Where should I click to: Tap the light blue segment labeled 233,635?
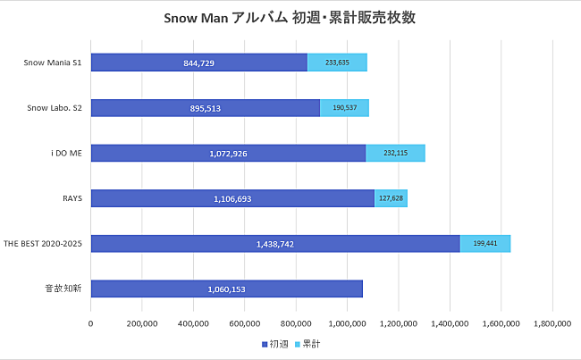click(x=337, y=63)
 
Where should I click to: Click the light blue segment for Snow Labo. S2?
click(x=344, y=108)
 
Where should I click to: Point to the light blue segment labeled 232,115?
click(x=395, y=153)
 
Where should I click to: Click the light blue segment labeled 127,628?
click(x=391, y=198)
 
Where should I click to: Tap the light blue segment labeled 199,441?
click(x=484, y=243)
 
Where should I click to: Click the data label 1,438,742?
click(x=275, y=244)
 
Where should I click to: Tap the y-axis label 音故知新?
click(x=65, y=289)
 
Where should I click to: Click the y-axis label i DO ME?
click(x=68, y=153)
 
